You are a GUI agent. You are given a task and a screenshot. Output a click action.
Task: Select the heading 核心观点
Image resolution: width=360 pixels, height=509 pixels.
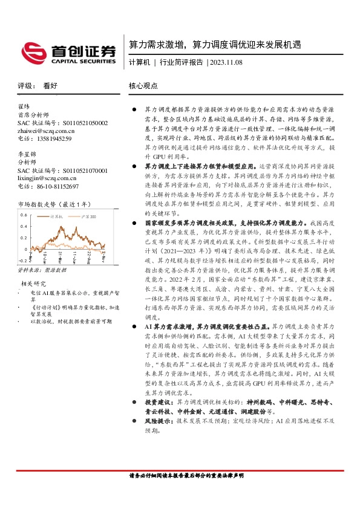pos(143,86)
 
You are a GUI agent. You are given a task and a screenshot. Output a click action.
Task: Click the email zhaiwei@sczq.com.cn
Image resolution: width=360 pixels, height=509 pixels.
pos(46,131)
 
